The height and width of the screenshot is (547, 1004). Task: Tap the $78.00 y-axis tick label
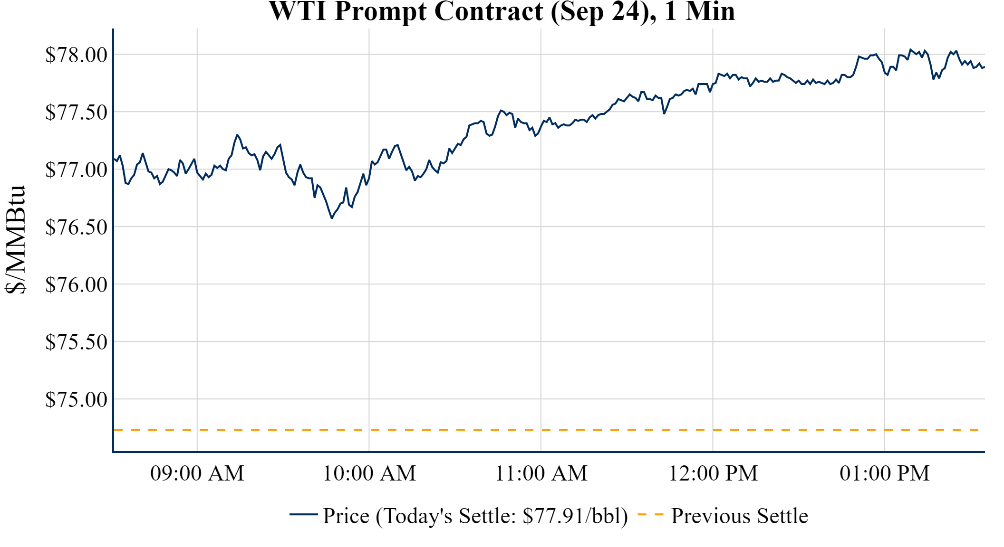[76, 55]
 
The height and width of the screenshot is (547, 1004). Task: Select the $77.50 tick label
[76, 112]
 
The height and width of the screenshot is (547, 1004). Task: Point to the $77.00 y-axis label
[76, 170]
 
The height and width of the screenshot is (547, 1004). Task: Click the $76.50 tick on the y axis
[76, 227]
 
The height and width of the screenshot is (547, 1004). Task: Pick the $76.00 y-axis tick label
[76, 284]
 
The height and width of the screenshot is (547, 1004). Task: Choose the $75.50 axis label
[76, 342]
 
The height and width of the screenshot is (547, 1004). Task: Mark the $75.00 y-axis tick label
[76, 399]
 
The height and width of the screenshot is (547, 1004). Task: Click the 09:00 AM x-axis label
[197, 473]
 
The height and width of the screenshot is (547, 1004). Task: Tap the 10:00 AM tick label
[369, 473]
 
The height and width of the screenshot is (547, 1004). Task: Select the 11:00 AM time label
[541, 473]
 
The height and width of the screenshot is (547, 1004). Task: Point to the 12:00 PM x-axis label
[713, 473]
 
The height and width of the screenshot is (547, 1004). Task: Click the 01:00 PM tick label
[885, 473]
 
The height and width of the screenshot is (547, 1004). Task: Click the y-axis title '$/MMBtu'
[15, 240]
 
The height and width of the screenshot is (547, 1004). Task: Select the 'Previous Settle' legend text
[739, 516]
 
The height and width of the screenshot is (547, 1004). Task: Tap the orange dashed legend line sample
[650, 515]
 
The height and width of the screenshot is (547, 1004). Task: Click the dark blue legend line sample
[303, 515]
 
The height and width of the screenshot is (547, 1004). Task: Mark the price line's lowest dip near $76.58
[332, 217]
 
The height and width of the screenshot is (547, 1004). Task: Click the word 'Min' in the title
[710, 11]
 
